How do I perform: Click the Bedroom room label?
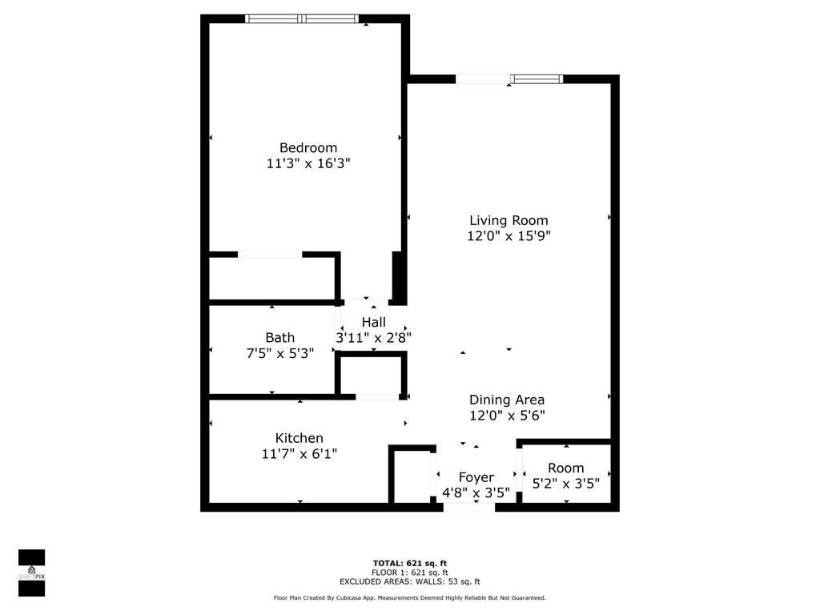pyautogui.click(x=308, y=148)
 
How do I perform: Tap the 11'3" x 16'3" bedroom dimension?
pyautogui.click(x=308, y=163)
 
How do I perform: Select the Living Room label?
pyautogui.click(x=508, y=220)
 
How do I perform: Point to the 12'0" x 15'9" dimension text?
pyautogui.click(x=508, y=236)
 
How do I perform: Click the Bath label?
pyautogui.click(x=279, y=338)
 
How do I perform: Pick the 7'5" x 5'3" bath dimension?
pyautogui.click(x=279, y=353)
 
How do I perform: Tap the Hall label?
pyautogui.click(x=373, y=322)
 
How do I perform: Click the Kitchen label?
pyautogui.click(x=299, y=438)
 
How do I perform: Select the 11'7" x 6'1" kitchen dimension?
pyautogui.click(x=299, y=454)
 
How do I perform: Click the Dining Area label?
pyautogui.click(x=507, y=400)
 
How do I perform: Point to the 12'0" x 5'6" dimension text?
pyautogui.click(x=507, y=416)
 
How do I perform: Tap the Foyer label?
pyautogui.click(x=476, y=477)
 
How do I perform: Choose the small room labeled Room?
pyautogui.click(x=565, y=468)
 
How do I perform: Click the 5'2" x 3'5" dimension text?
pyautogui.click(x=565, y=484)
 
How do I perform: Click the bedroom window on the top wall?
pyautogui.click(x=301, y=18)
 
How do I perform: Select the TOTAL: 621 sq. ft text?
pyautogui.click(x=409, y=563)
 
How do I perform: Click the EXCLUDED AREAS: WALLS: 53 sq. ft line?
pyautogui.click(x=409, y=582)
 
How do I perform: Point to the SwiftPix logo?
pyautogui.click(x=31, y=573)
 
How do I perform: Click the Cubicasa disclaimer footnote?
pyautogui.click(x=409, y=598)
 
